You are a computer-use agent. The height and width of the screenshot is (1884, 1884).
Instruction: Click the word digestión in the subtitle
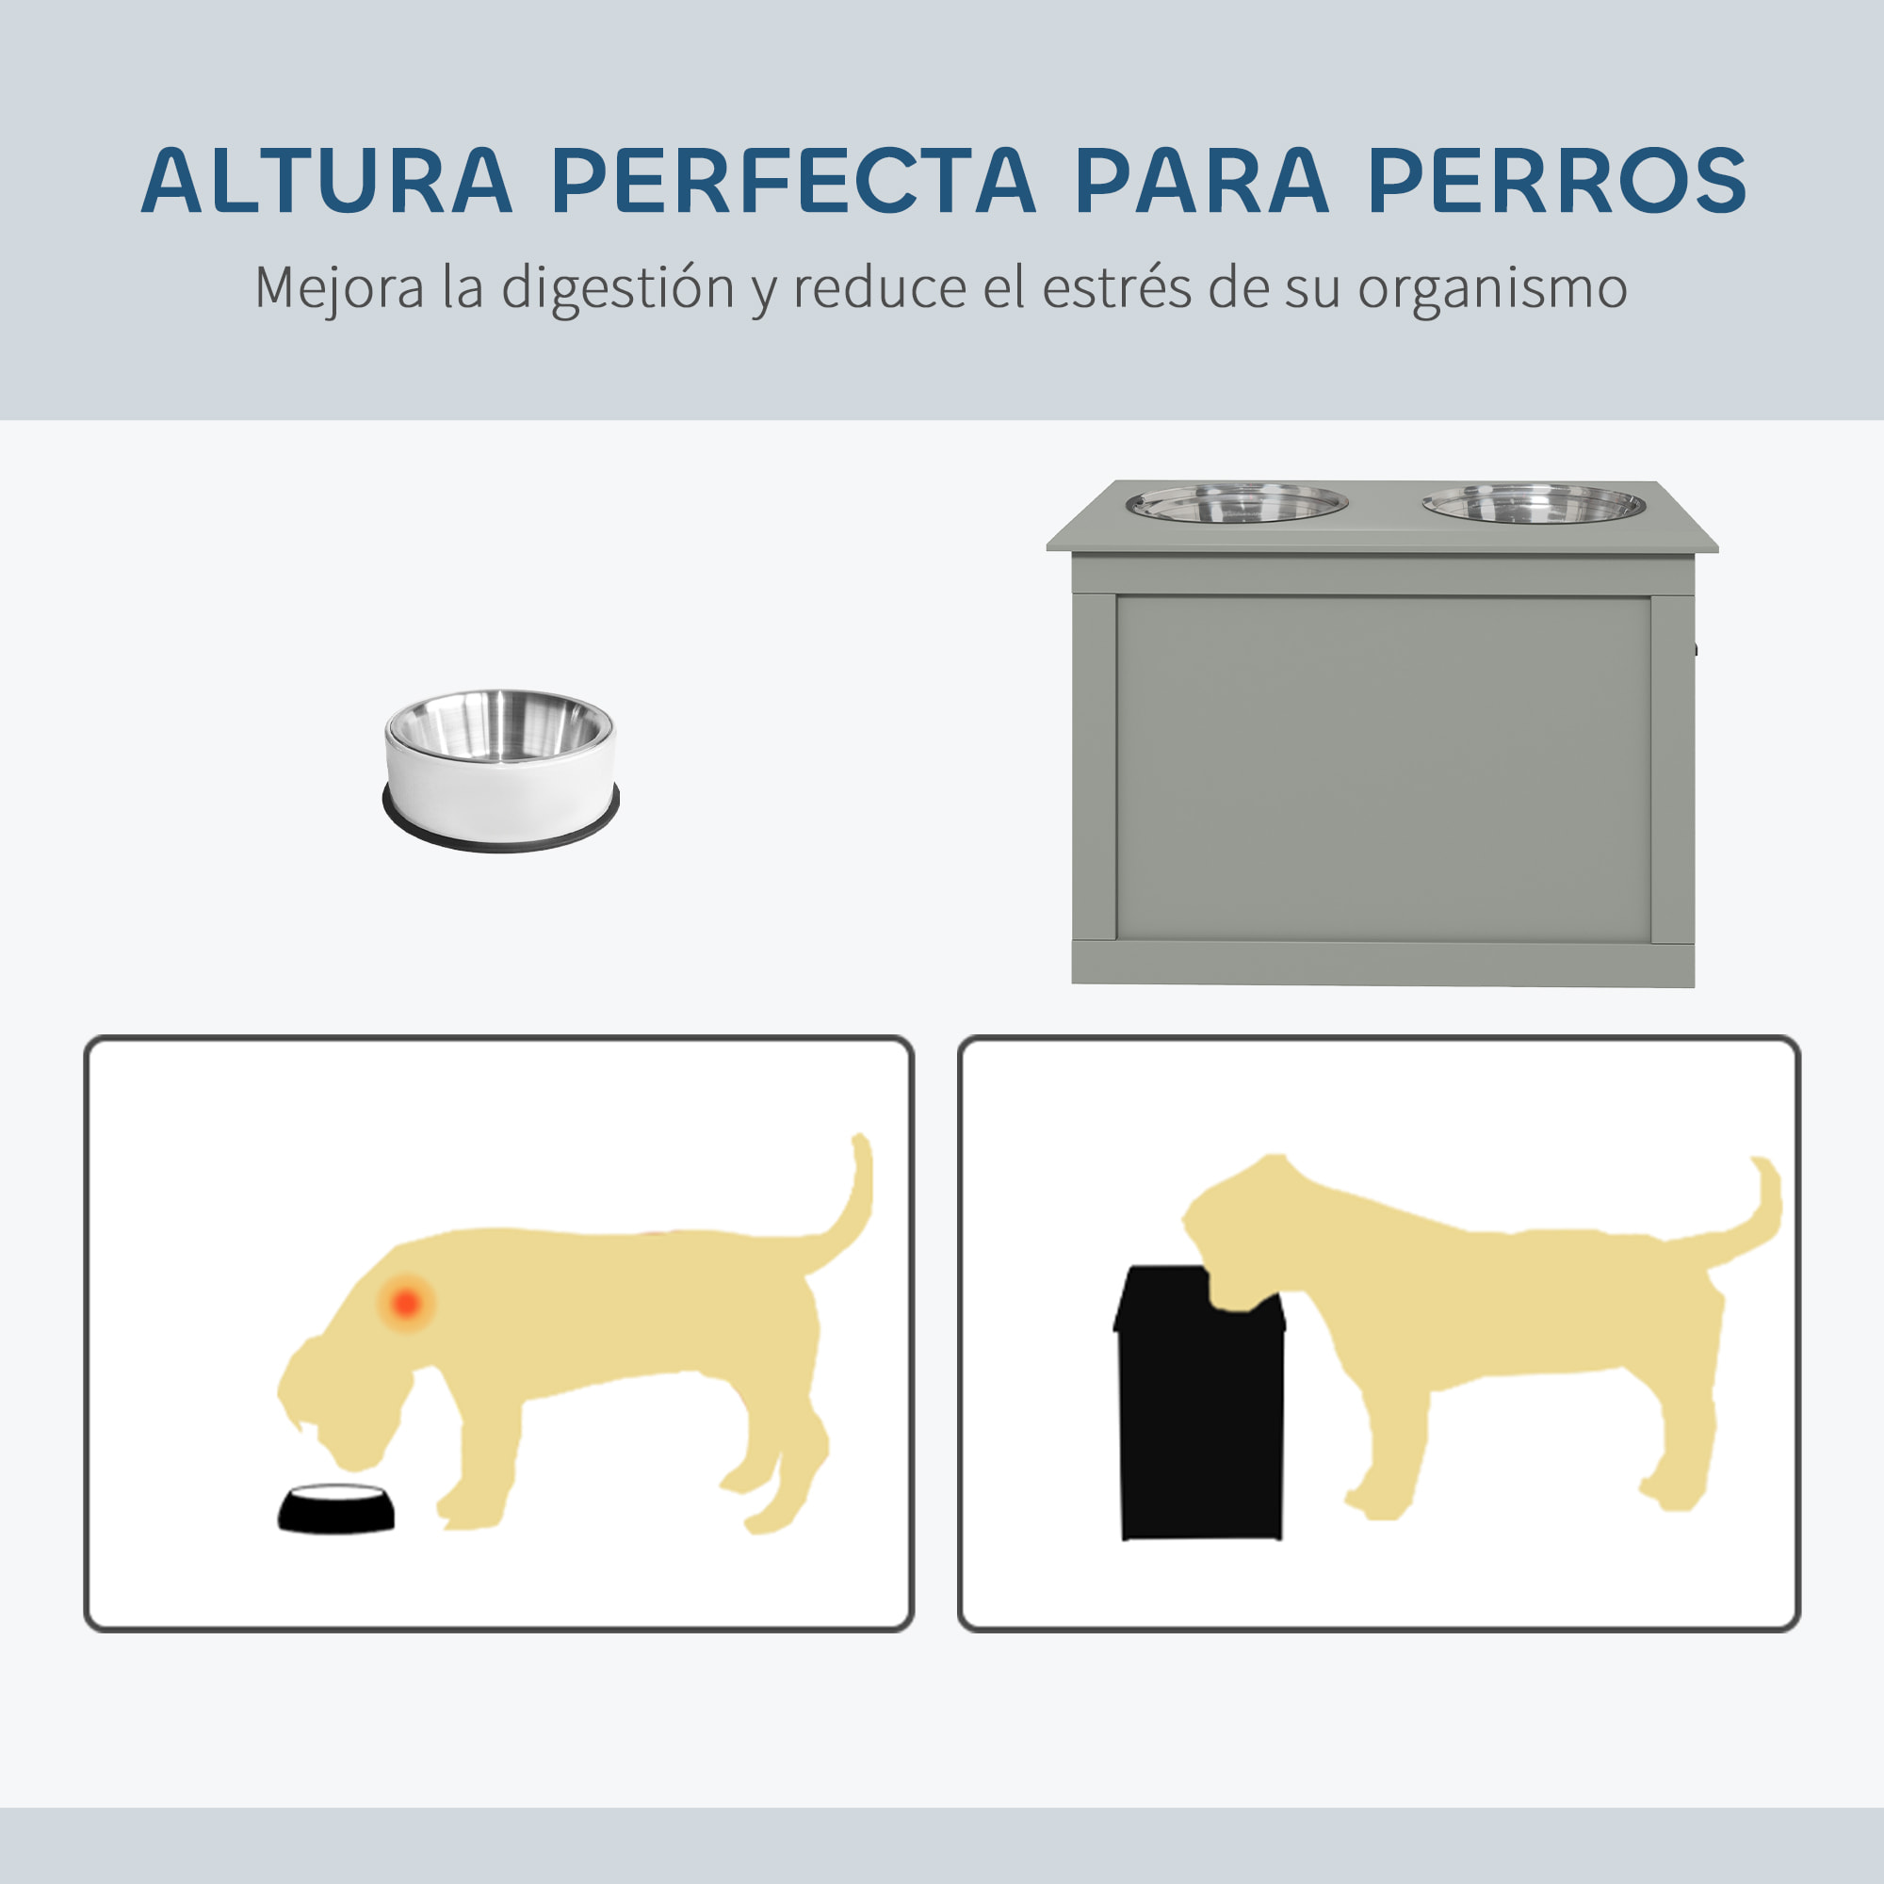pyautogui.click(x=616, y=288)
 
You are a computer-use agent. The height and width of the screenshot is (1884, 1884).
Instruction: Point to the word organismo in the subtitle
pyautogui.click(x=1491, y=288)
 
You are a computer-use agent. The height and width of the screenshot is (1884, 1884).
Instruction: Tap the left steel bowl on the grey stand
pyautogui.click(x=1237, y=504)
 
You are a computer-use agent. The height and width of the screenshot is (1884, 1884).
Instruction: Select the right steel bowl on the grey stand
pyautogui.click(x=1533, y=504)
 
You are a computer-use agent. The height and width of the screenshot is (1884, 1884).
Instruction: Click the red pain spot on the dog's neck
pyautogui.click(x=407, y=1302)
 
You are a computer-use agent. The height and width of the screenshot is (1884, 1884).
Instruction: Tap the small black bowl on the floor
pyautogui.click(x=336, y=1508)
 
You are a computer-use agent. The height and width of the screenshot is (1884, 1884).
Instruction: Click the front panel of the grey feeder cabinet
pyautogui.click(x=1383, y=769)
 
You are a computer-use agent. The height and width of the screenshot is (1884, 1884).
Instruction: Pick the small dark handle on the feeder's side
pyautogui.click(x=1697, y=648)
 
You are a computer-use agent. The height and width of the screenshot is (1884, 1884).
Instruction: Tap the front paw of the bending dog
pyautogui.click(x=468, y=1517)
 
